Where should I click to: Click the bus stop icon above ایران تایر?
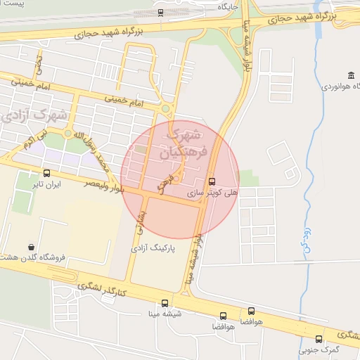pyautogui.click(x=47, y=173)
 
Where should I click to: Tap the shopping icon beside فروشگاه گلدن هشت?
pyautogui.click(x=32, y=247)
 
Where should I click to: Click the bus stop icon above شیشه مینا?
pyautogui.click(x=165, y=304)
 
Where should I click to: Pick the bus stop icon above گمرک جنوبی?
pyautogui.click(x=319, y=339)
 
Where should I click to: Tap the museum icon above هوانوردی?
pyautogui.click(x=351, y=76)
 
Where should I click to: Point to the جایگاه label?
pyautogui.click(x=228, y=6)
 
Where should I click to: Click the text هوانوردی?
pyautogui.click(x=340, y=86)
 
